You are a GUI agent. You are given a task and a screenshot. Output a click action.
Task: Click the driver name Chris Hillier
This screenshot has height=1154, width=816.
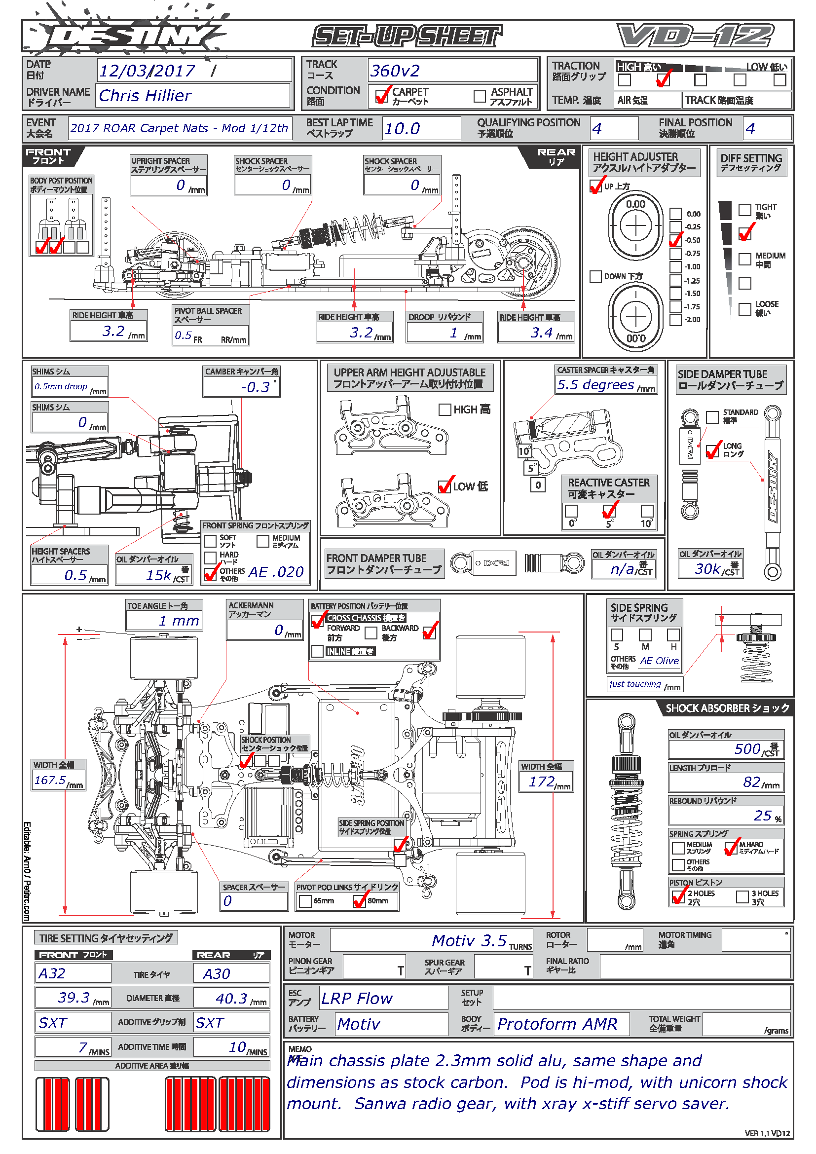tap(145, 96)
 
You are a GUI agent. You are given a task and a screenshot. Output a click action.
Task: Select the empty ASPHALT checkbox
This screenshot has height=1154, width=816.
tap(480, 96)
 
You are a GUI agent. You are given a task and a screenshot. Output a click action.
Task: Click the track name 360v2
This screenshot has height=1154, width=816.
tap(395, 71)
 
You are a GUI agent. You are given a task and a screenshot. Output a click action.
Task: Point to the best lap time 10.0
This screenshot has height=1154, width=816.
tap(402, 129)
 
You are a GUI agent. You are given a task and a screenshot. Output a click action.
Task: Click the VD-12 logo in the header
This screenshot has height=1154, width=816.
tap(696, 36)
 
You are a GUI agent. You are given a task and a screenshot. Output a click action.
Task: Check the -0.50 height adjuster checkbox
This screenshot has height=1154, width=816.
tap(676, 240)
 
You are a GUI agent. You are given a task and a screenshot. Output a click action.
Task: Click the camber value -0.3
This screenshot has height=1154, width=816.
tap(255, 387)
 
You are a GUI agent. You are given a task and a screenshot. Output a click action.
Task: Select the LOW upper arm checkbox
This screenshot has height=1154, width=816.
tap(445, 486)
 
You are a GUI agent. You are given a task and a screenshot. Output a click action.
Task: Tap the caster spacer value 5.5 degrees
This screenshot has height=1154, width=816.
tap(595, 385)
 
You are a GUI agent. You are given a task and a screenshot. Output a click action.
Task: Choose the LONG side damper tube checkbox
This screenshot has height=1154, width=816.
tap(712, 451)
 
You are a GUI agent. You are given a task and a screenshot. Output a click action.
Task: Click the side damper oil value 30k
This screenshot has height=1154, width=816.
tap(707, 569)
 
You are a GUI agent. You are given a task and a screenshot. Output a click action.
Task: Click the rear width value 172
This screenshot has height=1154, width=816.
tap(542, 782)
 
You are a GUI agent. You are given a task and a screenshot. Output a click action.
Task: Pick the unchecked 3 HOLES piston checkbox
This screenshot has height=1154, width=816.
tap(742, 897)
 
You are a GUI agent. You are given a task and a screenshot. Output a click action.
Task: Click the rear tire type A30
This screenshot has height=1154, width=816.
tap(217, 974)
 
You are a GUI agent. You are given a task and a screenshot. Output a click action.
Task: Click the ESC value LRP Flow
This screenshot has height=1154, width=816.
tap(357, 999)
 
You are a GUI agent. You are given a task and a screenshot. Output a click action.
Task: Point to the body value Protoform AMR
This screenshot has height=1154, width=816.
tap(556, 1024)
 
